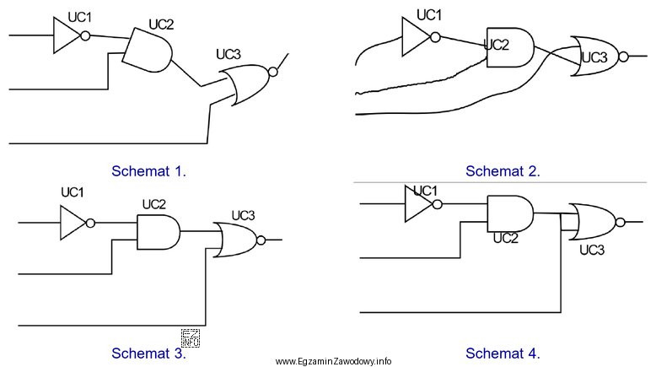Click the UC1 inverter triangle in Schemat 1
[65, 35]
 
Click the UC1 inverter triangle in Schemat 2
[416, 35]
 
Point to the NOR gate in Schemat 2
[594, 57]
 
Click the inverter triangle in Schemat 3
[73, 224]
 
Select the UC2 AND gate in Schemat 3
[158, 231]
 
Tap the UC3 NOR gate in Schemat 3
[236, 240]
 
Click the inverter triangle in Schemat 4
[417, 204]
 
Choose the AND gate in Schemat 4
[509, 213]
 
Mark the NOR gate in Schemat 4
[593, 222]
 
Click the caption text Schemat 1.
[149, 170]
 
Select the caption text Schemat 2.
[503, 170]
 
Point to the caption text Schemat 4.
[503, 352]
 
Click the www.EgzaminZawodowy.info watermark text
[333, 360]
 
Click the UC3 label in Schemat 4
[593, 250]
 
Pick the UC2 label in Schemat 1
[161, 24]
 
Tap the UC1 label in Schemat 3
[73, 192]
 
